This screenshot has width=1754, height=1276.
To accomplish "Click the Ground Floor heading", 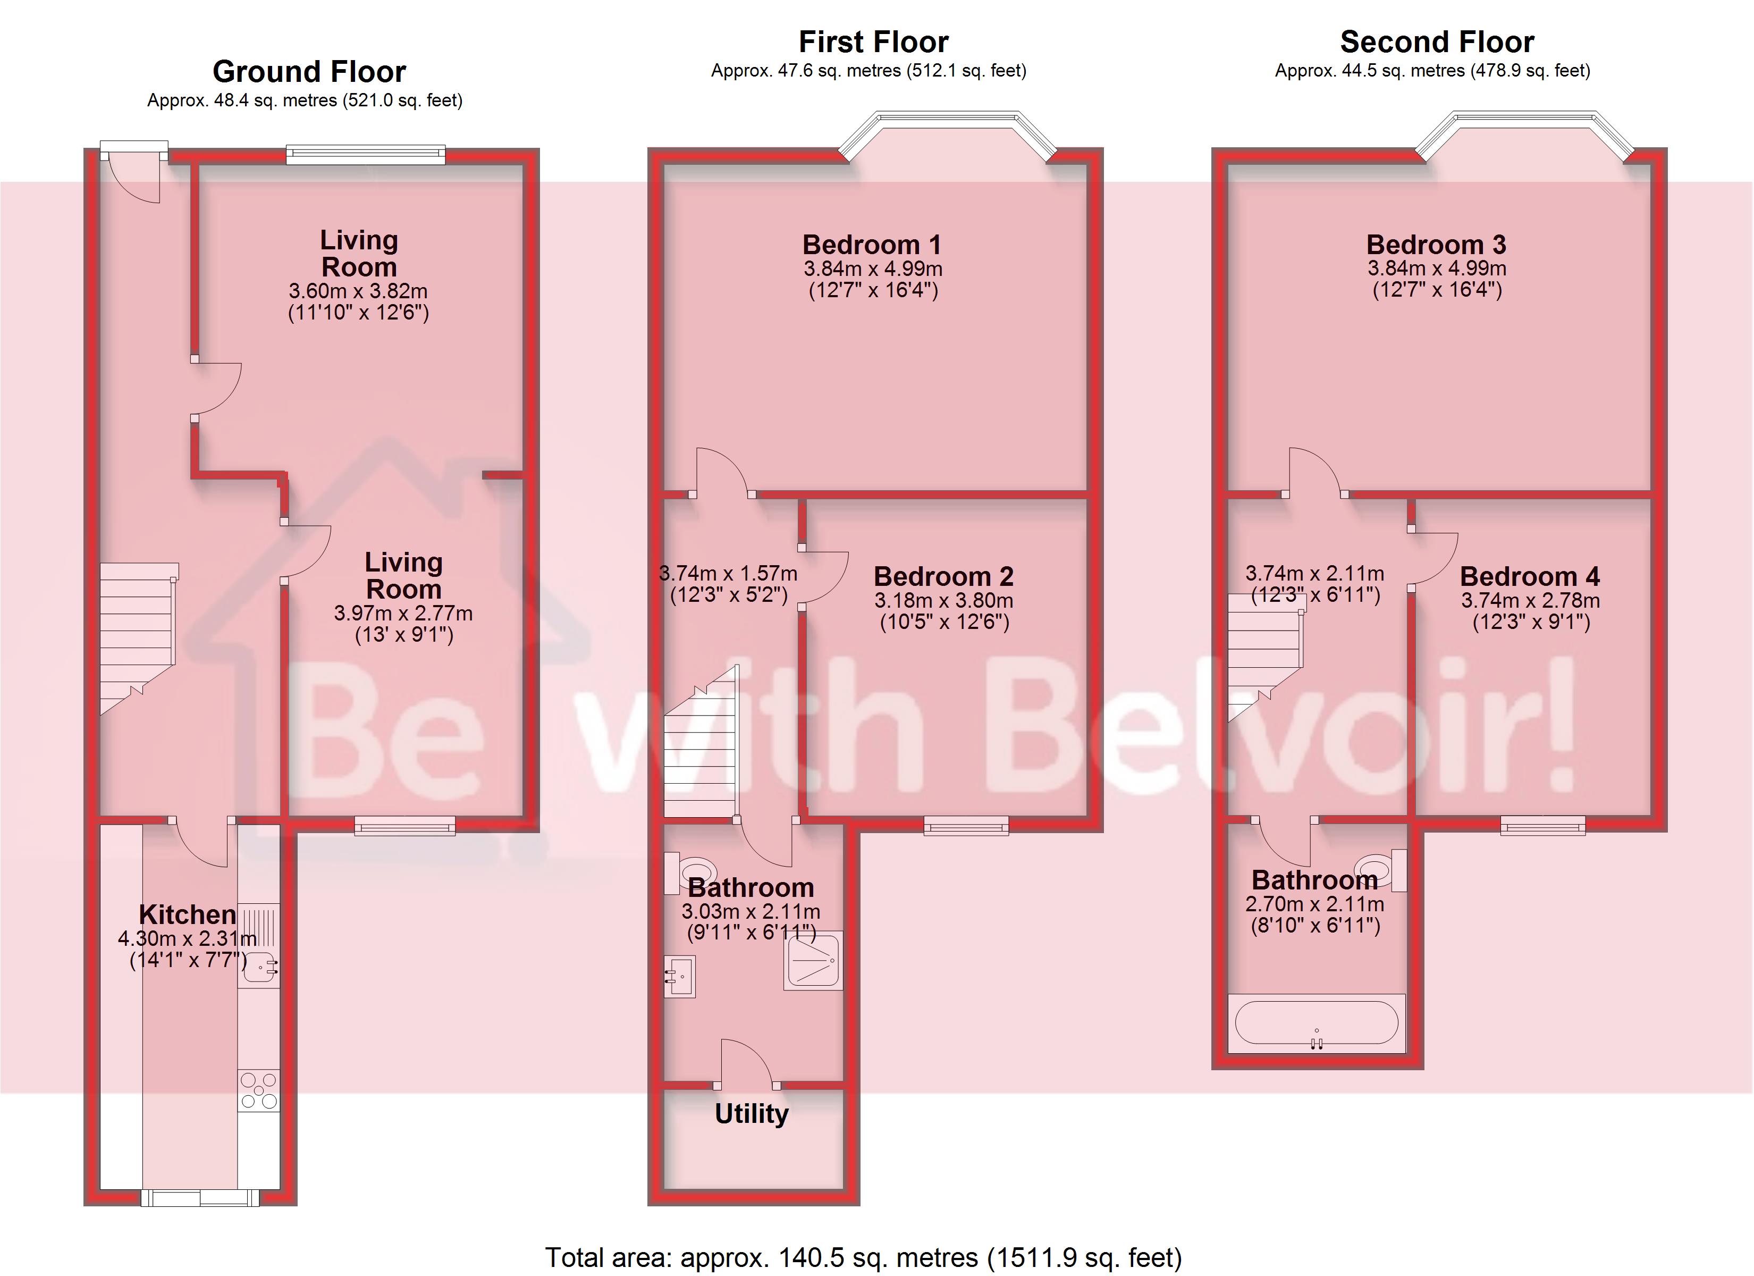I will tap(309, 71).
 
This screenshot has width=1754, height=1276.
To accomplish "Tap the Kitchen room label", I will tap(187, 914).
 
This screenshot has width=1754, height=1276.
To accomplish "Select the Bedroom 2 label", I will tap(943, 576).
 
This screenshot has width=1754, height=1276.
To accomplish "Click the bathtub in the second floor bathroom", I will tap(1316, 1023).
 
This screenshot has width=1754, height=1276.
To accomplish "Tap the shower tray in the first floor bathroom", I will tap(813, 960).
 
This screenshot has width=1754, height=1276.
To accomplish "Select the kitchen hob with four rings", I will tap(259, 1090).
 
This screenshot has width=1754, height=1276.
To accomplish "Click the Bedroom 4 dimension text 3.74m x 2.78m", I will tap(1530, 600).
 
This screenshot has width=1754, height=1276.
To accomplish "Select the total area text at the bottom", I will tap(863, 1257).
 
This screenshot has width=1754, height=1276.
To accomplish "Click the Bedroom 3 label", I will tap(1436, 245).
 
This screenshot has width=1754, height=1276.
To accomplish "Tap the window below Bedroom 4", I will tap(1543, 826).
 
